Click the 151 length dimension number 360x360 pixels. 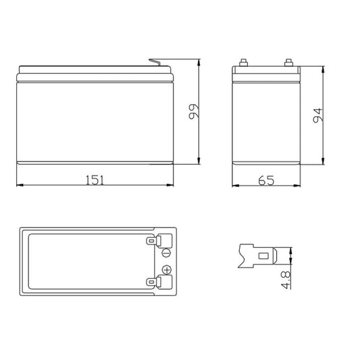[95, 180]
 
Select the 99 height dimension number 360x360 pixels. [194, 111]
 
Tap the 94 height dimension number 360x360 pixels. [318, 115]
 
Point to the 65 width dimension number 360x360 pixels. [266, 180]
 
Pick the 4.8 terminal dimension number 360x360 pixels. [286, 280]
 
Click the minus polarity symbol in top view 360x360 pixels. [166, 253]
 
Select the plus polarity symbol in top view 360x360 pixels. [167, 269]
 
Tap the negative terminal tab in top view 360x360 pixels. [159, 240]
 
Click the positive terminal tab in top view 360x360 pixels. [159, 282]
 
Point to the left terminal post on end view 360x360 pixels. [243, 63]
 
